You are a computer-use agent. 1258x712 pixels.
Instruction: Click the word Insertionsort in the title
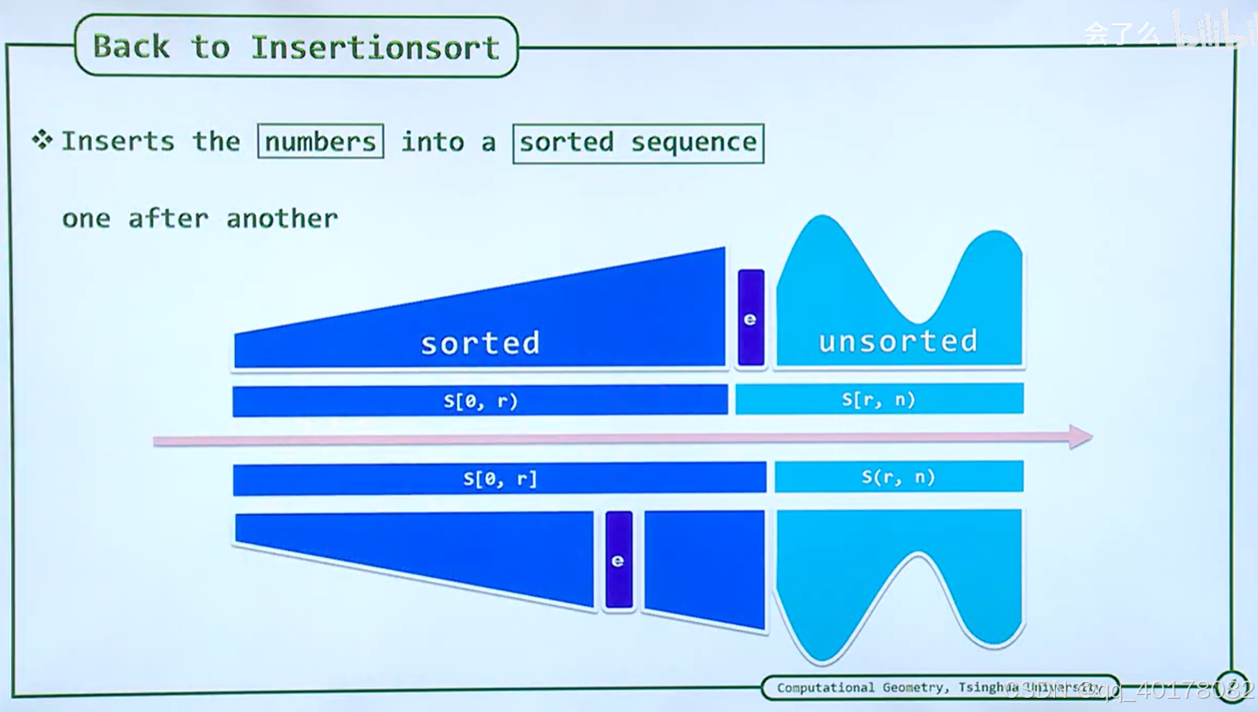[x=375, y=48]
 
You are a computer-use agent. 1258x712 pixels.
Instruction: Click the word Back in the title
[x=131, y=47]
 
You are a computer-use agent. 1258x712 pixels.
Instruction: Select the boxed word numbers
[x=321, y=142]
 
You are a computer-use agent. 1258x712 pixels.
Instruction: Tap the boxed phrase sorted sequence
[x=638, y=143]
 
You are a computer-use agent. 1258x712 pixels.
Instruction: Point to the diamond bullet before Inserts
[x=42, y=140]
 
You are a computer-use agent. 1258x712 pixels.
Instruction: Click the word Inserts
[x=118, y=141]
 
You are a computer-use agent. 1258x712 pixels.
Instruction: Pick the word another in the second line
[x=281, y=218]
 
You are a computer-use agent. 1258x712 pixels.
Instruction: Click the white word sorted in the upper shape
[x=480, y=343]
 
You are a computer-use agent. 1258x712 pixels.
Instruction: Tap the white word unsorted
[x=898, y=341]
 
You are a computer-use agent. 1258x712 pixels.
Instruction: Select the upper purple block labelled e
[x=751, y=317]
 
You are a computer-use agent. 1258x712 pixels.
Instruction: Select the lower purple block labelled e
[x=619, y=560]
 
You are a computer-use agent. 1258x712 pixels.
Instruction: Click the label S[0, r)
[x=480, y=401]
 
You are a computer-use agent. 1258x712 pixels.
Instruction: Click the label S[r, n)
[x=878, y=399]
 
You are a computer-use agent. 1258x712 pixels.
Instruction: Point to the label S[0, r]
[x=500, y=479]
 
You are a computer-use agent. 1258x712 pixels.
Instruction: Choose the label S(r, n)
[x=898, y=477]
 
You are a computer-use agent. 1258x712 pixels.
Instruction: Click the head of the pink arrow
[x=1080, y=436]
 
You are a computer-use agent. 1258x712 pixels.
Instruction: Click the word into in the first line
[x=432, y=142]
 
